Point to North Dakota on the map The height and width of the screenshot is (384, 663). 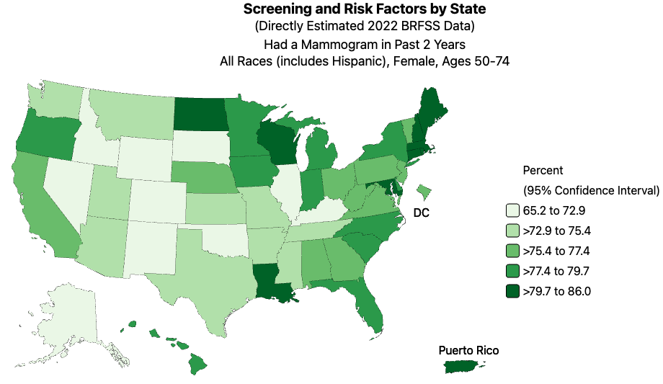pyautogui.click(x=201, y=112)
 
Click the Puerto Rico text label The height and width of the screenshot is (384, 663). pyautogui.click(x=468, y=351)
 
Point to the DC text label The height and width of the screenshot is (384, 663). pyautogui.click(x=421, y=213)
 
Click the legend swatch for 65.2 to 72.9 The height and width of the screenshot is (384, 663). pyautogui.click(x=512, y=211)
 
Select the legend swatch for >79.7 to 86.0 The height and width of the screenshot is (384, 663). pyautogui.click(x=512, y=292)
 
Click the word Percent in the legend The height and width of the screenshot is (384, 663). pyautogui.click(x=543, y=171)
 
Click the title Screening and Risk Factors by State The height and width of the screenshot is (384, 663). pyautogui.click(x=365, y=9)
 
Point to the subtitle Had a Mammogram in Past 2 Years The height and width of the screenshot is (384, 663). pyautogui.click(x=365, y=44)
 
